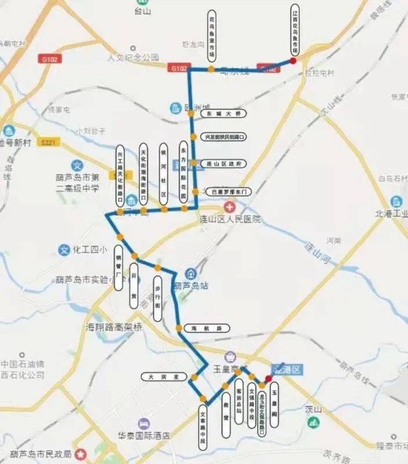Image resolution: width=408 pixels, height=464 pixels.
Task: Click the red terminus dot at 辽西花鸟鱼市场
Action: tap(293, 60)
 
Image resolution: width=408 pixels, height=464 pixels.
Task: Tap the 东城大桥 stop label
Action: tap(219, 114)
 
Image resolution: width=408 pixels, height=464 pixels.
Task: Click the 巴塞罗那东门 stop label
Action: tap(230, 191)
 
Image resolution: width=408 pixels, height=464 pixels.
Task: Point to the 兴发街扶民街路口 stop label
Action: tap(222, 137)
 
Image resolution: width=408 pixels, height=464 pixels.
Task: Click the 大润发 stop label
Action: tap(163, 376)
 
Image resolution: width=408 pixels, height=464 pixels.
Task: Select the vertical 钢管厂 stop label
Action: tap(119, 267)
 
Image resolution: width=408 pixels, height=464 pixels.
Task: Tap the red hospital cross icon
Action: tap(231, 207)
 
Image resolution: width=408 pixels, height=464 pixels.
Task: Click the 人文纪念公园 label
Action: tap(133, 57)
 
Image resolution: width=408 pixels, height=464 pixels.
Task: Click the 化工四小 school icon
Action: tap(65, 251)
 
